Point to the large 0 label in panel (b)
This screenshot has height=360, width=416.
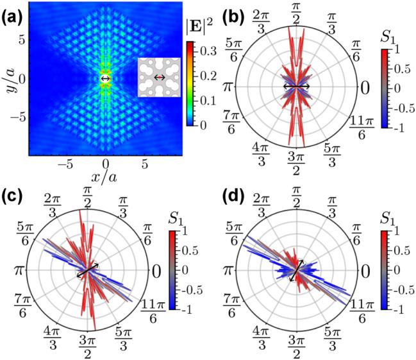pyautogui.click(x=365, y=87)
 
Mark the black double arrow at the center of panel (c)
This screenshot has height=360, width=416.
pyautogui.click(x=87, y=270)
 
